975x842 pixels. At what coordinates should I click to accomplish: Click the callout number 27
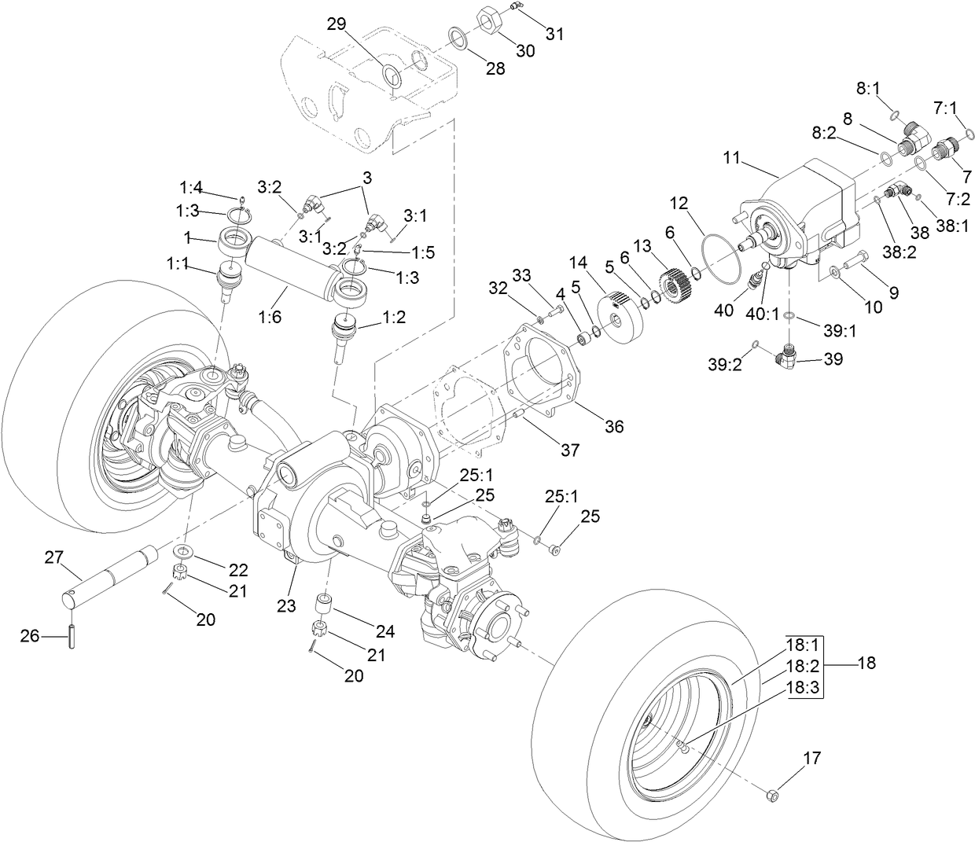point(53,557)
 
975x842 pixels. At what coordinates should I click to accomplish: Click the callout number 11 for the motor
point(732,158)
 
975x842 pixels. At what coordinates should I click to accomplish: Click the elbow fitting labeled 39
point(789,358)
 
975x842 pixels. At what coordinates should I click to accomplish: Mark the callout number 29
point(337,24)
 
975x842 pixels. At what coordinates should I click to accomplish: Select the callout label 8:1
point(868,89)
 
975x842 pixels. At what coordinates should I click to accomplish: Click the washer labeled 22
point(185,549)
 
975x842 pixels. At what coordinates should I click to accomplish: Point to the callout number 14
point(579,260)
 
